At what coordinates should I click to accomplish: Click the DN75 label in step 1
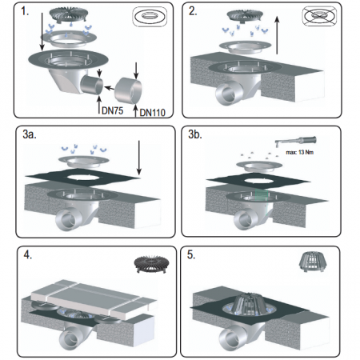pyautogui.click(x=113, y=110)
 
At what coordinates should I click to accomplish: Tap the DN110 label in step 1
pyautogui.click(x=153, y=113)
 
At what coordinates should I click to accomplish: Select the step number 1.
pyautogui.click(x=25, y=11)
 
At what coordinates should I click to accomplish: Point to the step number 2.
pyautogui.click(x=193, y=11)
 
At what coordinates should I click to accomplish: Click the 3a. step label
pyautogui.click(x=30, y=134)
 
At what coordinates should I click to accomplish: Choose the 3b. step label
pyautogui.click(x=195, y=134)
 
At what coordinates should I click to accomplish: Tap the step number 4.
pyautogui.click(x=28, y=254)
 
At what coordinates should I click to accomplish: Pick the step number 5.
pyautogui.click(x=191, y=254)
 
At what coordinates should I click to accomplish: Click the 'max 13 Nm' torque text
pyautogui.click(x=300, y=152)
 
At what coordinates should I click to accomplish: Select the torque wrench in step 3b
pyautogui.click(x=295, y=141)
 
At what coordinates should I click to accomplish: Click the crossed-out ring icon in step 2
pyautogui.click(x=319, y=15)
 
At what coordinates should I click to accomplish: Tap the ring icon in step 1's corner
pyautogui.click(x=150, y=16)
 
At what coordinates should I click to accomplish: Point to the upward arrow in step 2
pyautogui.click(x=278, y=35)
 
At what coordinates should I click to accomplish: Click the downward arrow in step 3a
pyautogui.click(x=139, y=158)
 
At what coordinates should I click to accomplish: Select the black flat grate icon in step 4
pyautogui.click(x=152, y=264)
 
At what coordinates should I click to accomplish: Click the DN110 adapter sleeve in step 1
pyautogui.click(x=128, y=91)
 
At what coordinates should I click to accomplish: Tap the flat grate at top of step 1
pyautogui.click(x=69, y=14)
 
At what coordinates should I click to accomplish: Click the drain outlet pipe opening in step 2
pyautogui.click(x=226, y=94)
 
